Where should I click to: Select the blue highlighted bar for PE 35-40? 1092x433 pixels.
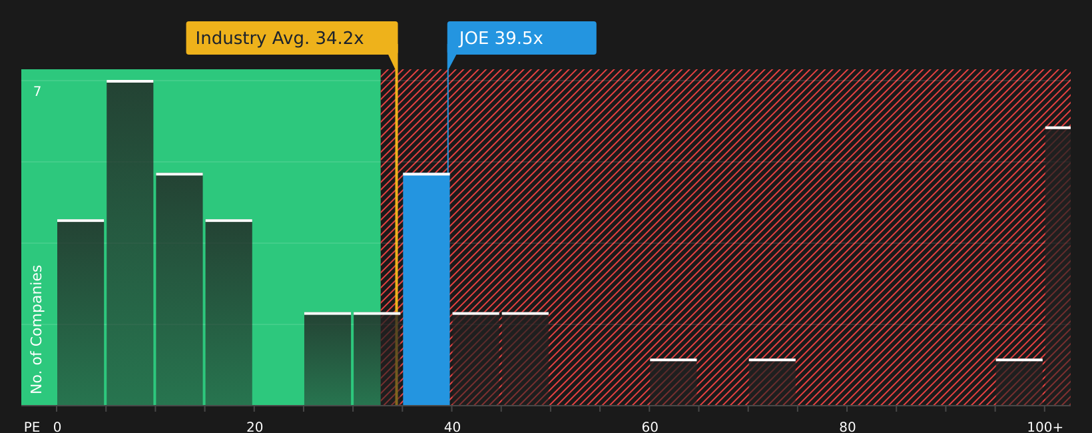[426, 290]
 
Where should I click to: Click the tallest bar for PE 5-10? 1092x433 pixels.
[130, 243]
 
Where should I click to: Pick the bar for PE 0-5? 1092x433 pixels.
[81, 312]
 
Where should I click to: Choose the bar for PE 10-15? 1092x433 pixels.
[179, 290]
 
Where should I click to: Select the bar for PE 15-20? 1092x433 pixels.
[228, 312]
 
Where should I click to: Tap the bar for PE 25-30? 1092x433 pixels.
[328, 359]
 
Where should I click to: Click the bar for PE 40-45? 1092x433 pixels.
[475, 359]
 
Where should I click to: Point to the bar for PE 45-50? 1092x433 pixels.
[525, 359]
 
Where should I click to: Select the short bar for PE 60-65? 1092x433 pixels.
[673, 382]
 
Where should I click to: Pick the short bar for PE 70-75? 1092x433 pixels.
[772, 382]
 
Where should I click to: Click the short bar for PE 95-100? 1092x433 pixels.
[1019, 382]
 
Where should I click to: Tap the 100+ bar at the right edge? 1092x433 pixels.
[1057, 266]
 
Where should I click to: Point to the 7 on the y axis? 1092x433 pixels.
[37, 92]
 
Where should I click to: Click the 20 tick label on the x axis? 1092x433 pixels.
[255, 427]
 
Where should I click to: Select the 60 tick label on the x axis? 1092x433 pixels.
[650, 427]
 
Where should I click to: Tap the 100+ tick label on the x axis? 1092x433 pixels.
[1045, 427]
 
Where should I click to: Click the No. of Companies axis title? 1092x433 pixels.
[37, 329]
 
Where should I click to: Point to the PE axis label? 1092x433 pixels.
[32, 427]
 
